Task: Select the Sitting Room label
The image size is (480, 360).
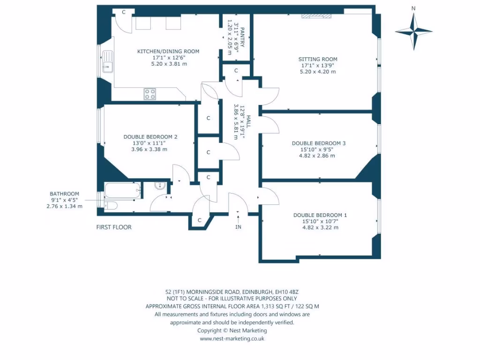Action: click(318, 60)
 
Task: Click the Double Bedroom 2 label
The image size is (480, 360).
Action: click(150, 137)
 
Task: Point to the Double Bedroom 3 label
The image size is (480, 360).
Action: click(318, 143)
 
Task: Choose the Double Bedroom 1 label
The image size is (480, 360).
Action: click(320, 215)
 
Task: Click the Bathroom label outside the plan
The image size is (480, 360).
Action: click(64, 194)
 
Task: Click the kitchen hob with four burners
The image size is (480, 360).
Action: click(150, 94)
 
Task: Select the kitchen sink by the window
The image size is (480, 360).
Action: click(107, 61)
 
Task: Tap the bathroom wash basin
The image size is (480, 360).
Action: click(160, 187)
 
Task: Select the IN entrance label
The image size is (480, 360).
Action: click(239, 227)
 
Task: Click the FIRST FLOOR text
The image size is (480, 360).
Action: click(113, 227)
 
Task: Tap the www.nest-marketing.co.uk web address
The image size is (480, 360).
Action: click(232, 338)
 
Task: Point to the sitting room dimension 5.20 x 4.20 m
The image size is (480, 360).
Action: click(318, 72)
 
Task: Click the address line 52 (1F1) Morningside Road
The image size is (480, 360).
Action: click(232, 291)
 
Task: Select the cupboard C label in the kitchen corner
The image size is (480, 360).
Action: click(124, 12)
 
